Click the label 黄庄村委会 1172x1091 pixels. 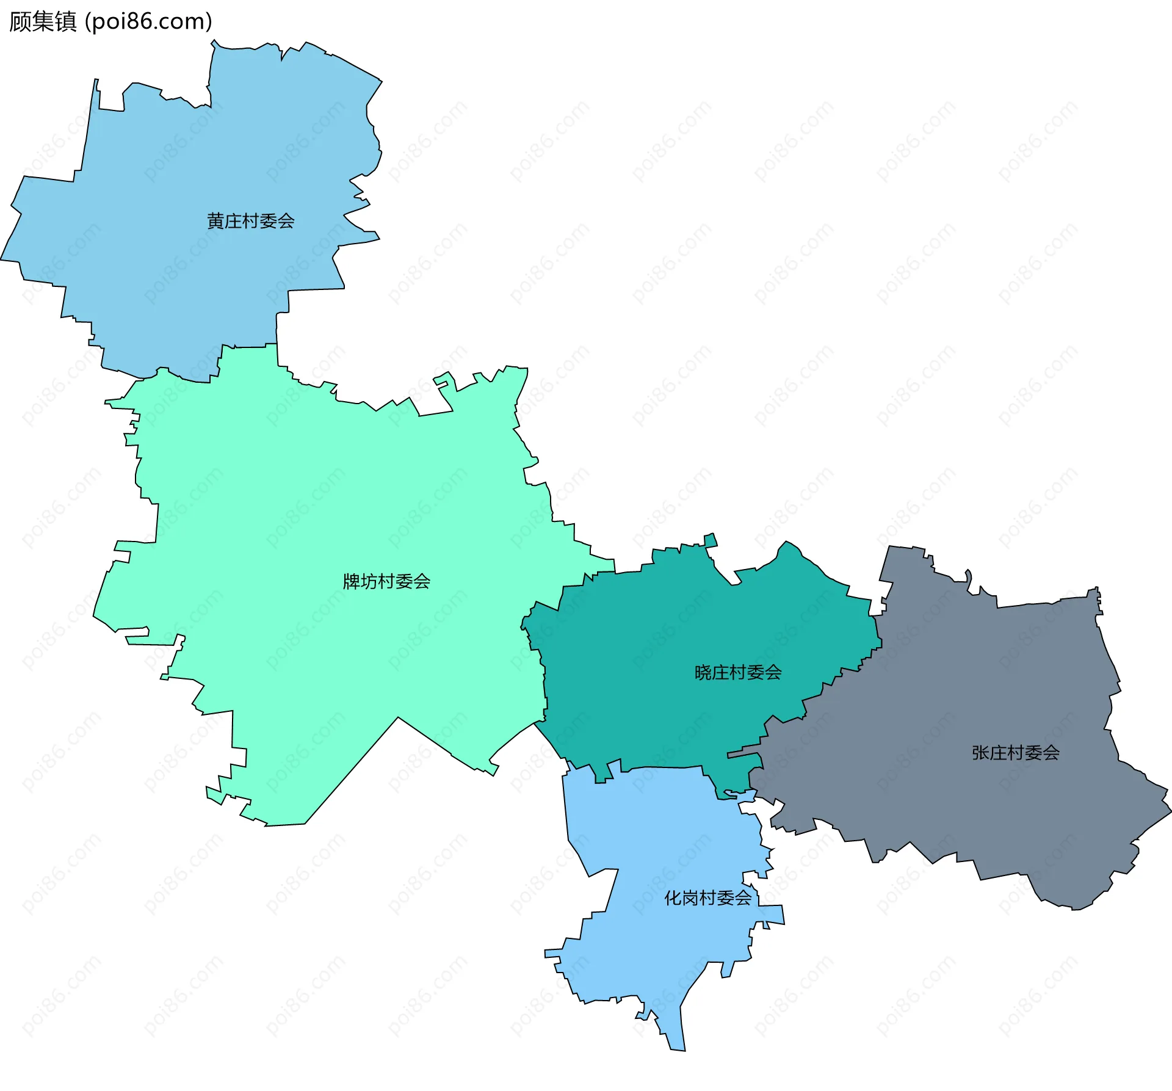pyautogui.click(x=251, y=221)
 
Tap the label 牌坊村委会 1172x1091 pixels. pyautogui.click(x=386, y=581)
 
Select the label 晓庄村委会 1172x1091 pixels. pyautogui.click(x=738, y=673)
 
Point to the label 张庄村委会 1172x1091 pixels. pyautogui.click(x=1016, y=753)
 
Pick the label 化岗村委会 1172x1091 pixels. pyautogui.click(x=708, y=898)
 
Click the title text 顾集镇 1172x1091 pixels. pyautogui.click(x=43, y=22)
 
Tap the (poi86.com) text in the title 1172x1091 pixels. pyautogui.click(x=148, y=22)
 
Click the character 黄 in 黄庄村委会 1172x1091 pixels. pyautogui.click(x=216, y=221)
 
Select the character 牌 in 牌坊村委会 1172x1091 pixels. pyautogui.click(x=352, y=581)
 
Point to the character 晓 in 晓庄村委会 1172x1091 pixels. pyautogui.click(x=703, y=673)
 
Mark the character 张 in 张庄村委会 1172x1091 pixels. pyautogui.click(x=981, y=753)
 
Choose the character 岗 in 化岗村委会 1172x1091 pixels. pyautogui.click(x=690, y=898)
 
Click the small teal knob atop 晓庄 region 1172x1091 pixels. pyautogui.click(x=711, y=540)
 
